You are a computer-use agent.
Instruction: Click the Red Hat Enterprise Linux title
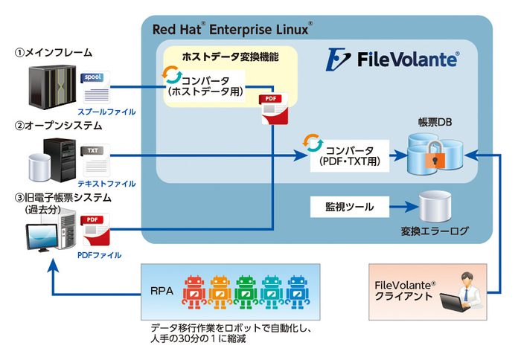coord(231,30)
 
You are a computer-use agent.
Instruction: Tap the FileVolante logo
coord(394,58)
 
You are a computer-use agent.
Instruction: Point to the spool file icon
coord(96,86)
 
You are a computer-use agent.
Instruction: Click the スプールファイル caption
coord(112,111)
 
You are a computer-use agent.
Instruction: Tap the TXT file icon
coord(95,157)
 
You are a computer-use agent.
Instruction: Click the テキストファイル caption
coord(112,183)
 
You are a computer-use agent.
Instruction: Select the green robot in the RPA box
coord(245,291)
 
